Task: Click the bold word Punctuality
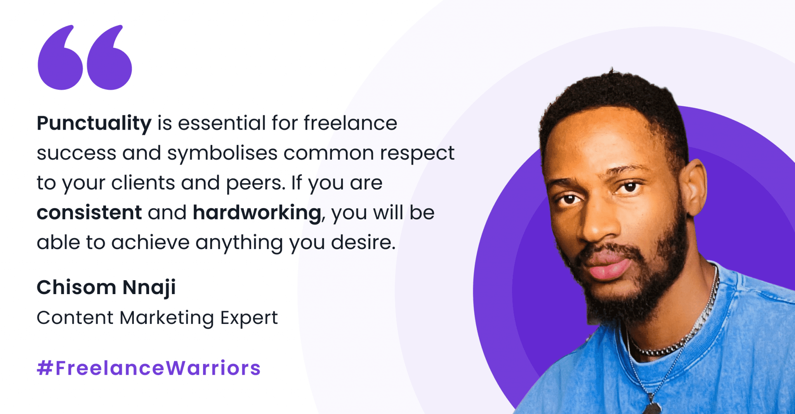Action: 94,123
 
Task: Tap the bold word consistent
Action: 89,213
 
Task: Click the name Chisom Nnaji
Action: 106,288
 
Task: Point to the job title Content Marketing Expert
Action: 157,318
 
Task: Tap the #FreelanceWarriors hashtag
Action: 149,368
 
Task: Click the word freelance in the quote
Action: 350,123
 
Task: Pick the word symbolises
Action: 222,153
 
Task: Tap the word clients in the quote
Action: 143,183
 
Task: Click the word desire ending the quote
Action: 363,243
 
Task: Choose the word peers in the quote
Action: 255,183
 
